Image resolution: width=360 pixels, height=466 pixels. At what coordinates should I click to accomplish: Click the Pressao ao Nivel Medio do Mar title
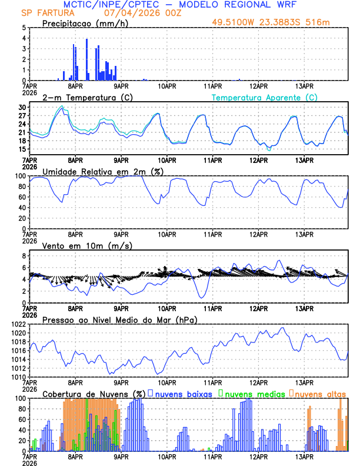(x=119, y=319)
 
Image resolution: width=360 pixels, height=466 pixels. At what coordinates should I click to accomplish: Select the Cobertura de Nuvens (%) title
(x=94, y=394)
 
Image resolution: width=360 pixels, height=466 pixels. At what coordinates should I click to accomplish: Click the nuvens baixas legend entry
(x=182, y=394)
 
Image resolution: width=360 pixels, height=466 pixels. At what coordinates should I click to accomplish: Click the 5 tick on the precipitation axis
(x=24, y=28)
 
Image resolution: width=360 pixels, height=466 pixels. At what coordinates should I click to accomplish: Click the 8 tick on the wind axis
(x=24, y=256)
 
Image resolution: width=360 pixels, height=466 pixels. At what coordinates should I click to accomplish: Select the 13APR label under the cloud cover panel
(x=304, y=456)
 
